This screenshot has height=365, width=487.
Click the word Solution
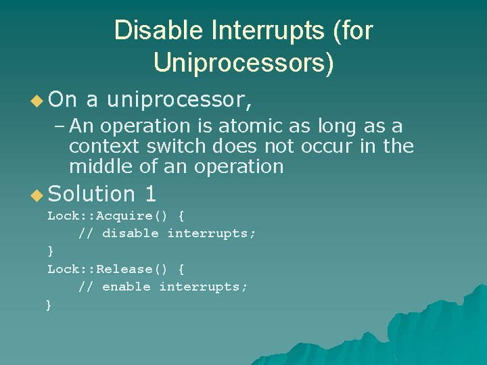pos(93,195)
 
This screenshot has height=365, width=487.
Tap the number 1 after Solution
pos(150,195)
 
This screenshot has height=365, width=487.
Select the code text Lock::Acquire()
pos(107,216)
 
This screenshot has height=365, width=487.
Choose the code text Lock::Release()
pos(107,270)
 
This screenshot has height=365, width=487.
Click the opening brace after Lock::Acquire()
pos(181,216)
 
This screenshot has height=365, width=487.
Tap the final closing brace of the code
pos(49,306)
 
